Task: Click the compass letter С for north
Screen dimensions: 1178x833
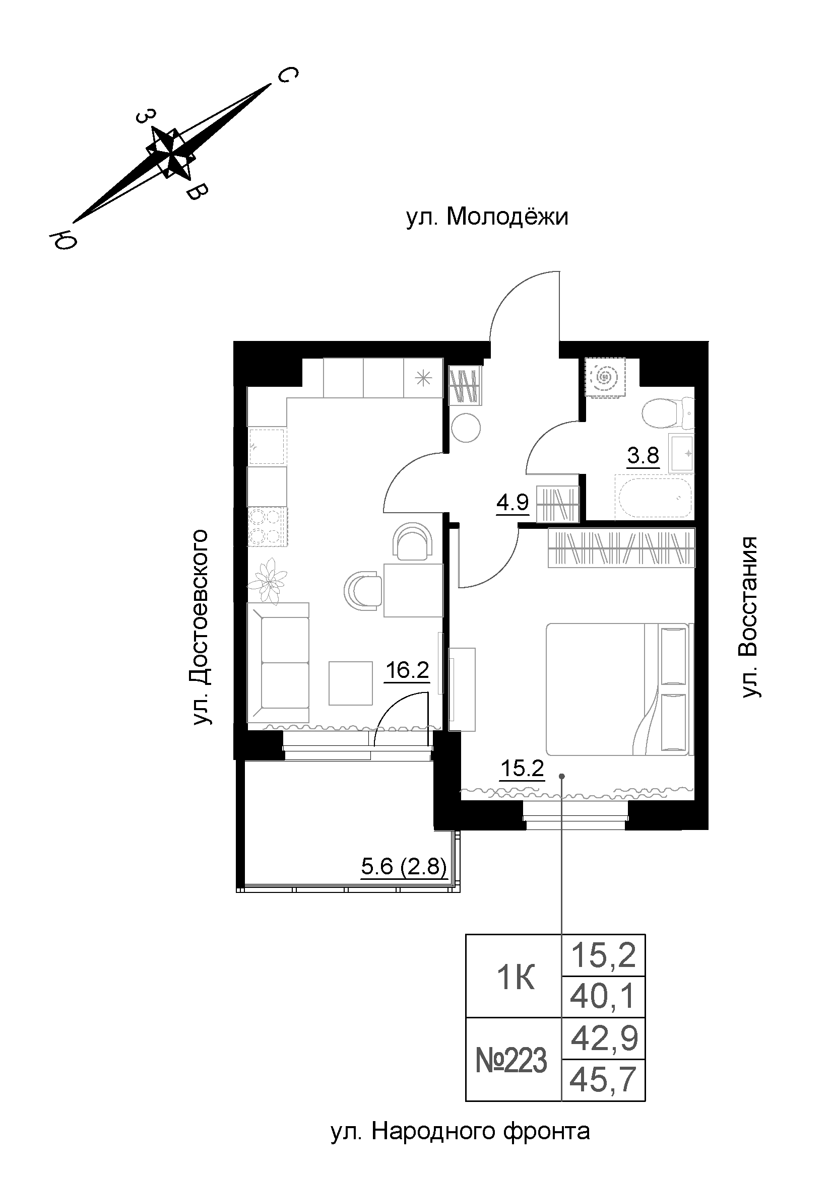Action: pos(287,76)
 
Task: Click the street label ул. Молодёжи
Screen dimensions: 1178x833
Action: pos(487,218)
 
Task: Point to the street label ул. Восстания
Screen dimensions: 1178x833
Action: pos(750,618)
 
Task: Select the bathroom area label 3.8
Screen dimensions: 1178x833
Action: pos(643,455)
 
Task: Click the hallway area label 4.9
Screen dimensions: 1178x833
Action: pos(512,502)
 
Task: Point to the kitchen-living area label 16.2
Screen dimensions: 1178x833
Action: pos(407,670)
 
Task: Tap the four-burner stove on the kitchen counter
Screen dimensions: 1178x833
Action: pos(267,526)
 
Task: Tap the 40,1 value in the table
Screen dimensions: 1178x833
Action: pos(603,997)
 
